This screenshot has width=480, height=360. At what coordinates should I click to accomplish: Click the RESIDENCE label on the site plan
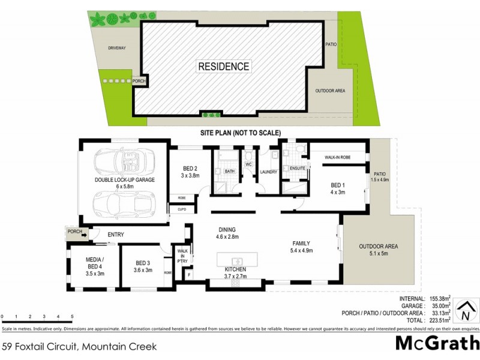click(224, 67)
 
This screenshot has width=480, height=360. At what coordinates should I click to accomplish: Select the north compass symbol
click(463, 313)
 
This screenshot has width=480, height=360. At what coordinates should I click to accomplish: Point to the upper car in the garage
click(123, 161)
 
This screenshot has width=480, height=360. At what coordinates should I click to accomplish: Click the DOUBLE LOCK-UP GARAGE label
click(124, 180)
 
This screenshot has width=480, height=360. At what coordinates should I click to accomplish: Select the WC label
click(248, 163)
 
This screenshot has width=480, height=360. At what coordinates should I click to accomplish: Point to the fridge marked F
click(190, 275)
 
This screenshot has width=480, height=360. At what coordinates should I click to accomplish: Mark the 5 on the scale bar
click(72, 316)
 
